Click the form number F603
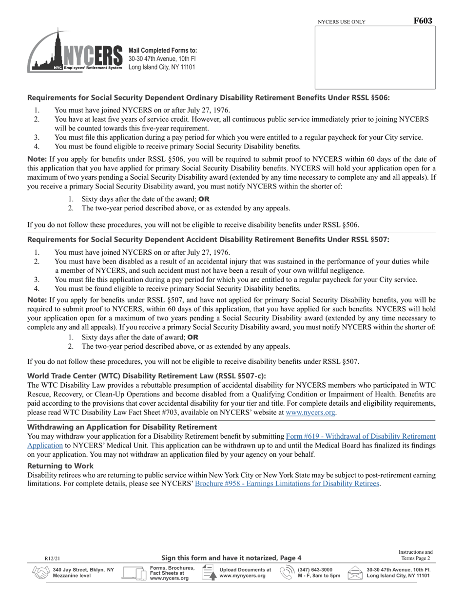point(423,21)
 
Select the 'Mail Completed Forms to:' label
point(163,50)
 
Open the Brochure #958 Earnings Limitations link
point(287,484)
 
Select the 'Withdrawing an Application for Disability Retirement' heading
point(122,427)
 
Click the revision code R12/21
point(52,558)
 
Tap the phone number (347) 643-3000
point(315,569)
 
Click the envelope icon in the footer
point(355,573)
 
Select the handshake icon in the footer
point(40,573)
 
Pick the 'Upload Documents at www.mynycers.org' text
point(245,573)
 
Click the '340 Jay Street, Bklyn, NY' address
point(83,569)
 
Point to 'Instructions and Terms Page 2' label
point(415,555)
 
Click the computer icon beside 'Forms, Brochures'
point(134,573)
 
